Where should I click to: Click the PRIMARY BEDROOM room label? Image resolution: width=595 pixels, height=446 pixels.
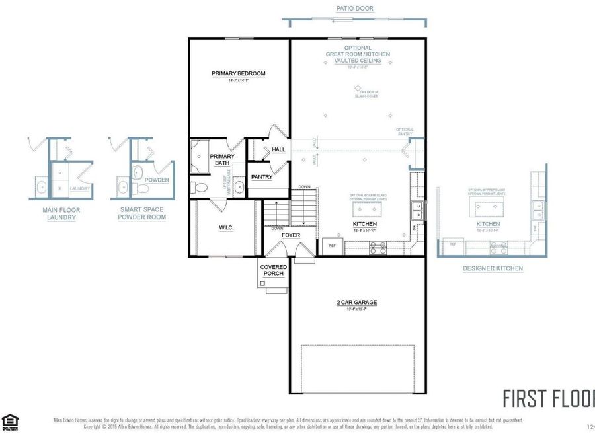(x=238, y=73)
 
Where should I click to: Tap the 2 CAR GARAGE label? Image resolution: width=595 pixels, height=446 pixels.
(x=356, y=302)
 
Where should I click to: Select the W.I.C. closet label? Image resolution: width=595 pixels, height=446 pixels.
(x=227, y=228)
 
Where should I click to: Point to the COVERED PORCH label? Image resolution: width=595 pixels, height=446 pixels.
(x=274, y=270)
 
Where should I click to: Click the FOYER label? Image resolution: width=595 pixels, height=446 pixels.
(x=291, y=235)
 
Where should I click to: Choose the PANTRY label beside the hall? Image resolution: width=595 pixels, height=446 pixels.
(x=262, y=177)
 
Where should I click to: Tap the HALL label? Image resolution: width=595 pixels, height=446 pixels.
(x=278, y=149)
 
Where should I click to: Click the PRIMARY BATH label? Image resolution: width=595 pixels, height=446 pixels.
(x=221, y=159)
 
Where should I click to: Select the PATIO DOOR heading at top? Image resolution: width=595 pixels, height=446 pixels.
(x=354, y=9)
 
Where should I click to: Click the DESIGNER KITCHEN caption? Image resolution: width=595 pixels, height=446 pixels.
(x=493, y=268)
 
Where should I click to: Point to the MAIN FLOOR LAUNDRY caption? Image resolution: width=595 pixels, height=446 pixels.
(x=61, y=213)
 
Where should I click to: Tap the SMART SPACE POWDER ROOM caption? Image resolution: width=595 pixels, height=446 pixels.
(x=141, y=213)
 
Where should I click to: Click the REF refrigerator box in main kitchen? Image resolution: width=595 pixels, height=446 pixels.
(x=333, y=246)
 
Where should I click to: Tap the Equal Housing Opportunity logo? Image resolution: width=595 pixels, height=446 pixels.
(x=10, y=422)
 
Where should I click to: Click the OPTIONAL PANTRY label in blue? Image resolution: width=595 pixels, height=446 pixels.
(x=405, y=131)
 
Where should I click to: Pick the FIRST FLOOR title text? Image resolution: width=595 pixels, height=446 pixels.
(x=548, y=399)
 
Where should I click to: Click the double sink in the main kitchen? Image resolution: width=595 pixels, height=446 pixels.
(x=417, y=211)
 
